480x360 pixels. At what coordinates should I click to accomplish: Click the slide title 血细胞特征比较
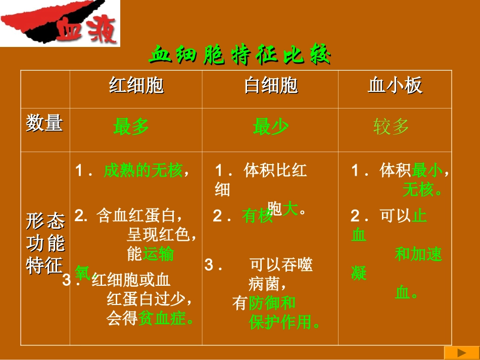(x=240, y=55)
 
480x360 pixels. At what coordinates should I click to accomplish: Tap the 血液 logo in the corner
(x=87, y=30)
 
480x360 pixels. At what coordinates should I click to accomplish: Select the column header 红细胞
(x=136, y=86)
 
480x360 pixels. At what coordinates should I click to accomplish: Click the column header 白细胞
(x=270, y=86)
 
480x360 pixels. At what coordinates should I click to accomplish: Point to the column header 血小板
(x=395, y=86)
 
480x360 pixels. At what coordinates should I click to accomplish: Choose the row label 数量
(x=44, y=123)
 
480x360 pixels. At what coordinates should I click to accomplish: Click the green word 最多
(x=131, y=126)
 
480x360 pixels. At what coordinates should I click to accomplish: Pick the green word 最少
(x=270, y=126)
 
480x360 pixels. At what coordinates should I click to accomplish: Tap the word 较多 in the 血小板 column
(x=391, y=126)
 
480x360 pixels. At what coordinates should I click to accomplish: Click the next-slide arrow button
(x=461, y=352)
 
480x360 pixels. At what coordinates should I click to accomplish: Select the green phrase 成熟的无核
(x=143, y=171)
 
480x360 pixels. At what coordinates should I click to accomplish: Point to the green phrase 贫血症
(x=162, y=319)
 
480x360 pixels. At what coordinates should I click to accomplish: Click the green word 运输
(x=158, y=253)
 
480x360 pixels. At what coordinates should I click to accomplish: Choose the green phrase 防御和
(x=272, y=303)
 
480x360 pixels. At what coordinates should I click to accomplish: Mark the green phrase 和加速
(x=418, y=254)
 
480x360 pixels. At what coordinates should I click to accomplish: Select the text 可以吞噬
(x=281, y=265)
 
